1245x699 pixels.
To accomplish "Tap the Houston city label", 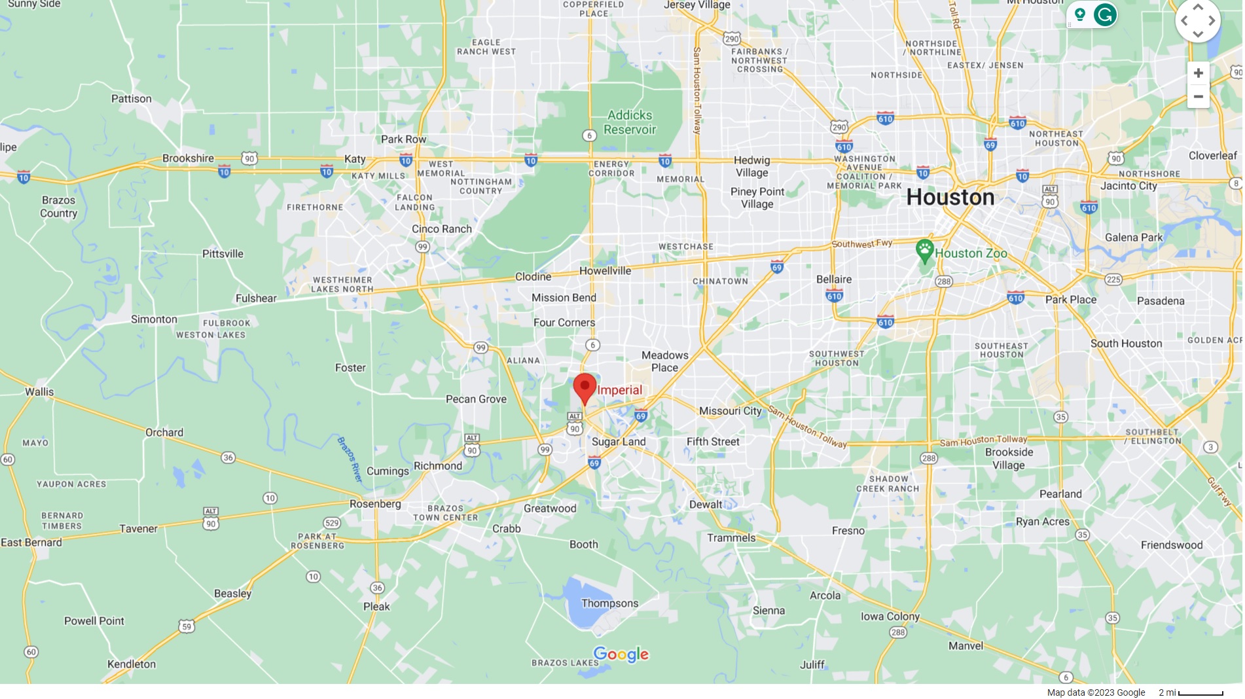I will point(950,198).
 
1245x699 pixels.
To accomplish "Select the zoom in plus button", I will point(1198,73).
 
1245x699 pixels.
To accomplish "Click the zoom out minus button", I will point(1198,97).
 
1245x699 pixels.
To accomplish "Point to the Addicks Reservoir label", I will point(629,122).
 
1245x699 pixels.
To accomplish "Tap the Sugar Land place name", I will point(619,442).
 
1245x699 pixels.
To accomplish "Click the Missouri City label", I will point(730,411).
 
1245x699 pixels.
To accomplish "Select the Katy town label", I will point(355,159).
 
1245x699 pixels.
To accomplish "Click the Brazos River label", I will point(350,459).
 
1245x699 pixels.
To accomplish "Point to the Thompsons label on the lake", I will point(609,603).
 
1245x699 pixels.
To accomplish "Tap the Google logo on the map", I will point(621,654).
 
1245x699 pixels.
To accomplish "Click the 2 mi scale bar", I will point(1200,693).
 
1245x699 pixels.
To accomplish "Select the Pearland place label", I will point(1060,494).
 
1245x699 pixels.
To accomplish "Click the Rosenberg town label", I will point(375,504).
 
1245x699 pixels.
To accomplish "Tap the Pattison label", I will point(131,99).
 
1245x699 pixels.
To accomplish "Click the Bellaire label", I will point(834,279).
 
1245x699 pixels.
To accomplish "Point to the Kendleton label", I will point(132,664).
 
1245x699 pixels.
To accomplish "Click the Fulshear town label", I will point(256,298).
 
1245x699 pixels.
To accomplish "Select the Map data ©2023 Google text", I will point(1096,692).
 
